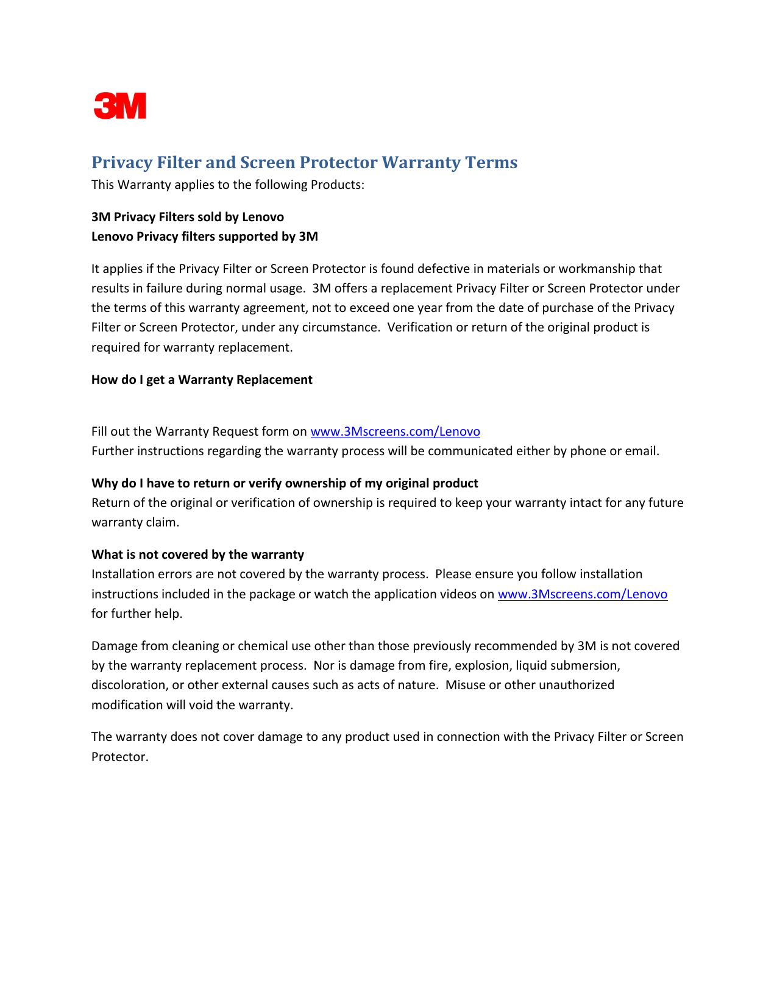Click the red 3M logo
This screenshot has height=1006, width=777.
(120, 106)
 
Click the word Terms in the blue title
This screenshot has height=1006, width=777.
(491, 163)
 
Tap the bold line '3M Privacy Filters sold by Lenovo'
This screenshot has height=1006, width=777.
(188, 217)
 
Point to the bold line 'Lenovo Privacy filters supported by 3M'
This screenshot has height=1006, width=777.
(205, 236)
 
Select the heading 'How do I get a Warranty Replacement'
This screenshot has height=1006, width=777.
(202, 380)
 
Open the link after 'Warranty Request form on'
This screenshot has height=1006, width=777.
(395, 431)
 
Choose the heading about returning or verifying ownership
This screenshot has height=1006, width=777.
(285, 483)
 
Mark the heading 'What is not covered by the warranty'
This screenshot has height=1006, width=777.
(197, 554)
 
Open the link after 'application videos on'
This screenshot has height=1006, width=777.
(582, 594)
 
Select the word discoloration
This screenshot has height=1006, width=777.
(129, 685)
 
